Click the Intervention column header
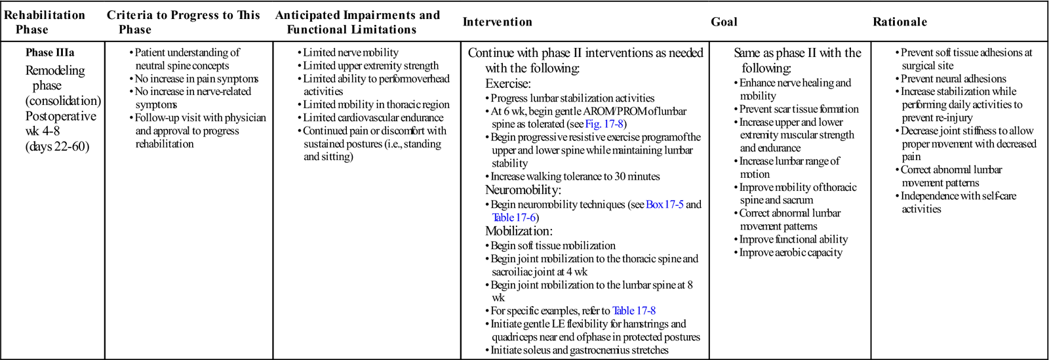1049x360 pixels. pos(497,22)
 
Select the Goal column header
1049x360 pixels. pos(724,22)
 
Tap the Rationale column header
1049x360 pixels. pos(900,22)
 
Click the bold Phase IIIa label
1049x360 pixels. pos(50,52)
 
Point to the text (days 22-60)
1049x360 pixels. pos(57,146)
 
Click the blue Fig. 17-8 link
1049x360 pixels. pos(605,124)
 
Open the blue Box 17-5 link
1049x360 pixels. pos(664,205)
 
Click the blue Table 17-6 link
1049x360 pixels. pos(515,218)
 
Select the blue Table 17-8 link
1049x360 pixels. pos(633,311)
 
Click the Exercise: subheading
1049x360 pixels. pos(507,84)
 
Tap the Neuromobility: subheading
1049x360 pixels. pos(523,190)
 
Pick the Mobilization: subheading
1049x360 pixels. pos(519,231)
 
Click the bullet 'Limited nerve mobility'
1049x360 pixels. pos(350,52)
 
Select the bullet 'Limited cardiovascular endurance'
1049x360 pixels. pos(372,118)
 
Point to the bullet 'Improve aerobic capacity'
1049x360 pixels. pos(791,252)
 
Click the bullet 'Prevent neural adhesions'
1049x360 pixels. pos(953,79)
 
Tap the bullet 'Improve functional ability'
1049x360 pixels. pos(793,239)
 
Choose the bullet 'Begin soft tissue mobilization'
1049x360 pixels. pos(553,246)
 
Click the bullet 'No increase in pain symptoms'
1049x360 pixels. pos(196,79)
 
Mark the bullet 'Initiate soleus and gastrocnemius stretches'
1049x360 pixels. pos(580,350)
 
